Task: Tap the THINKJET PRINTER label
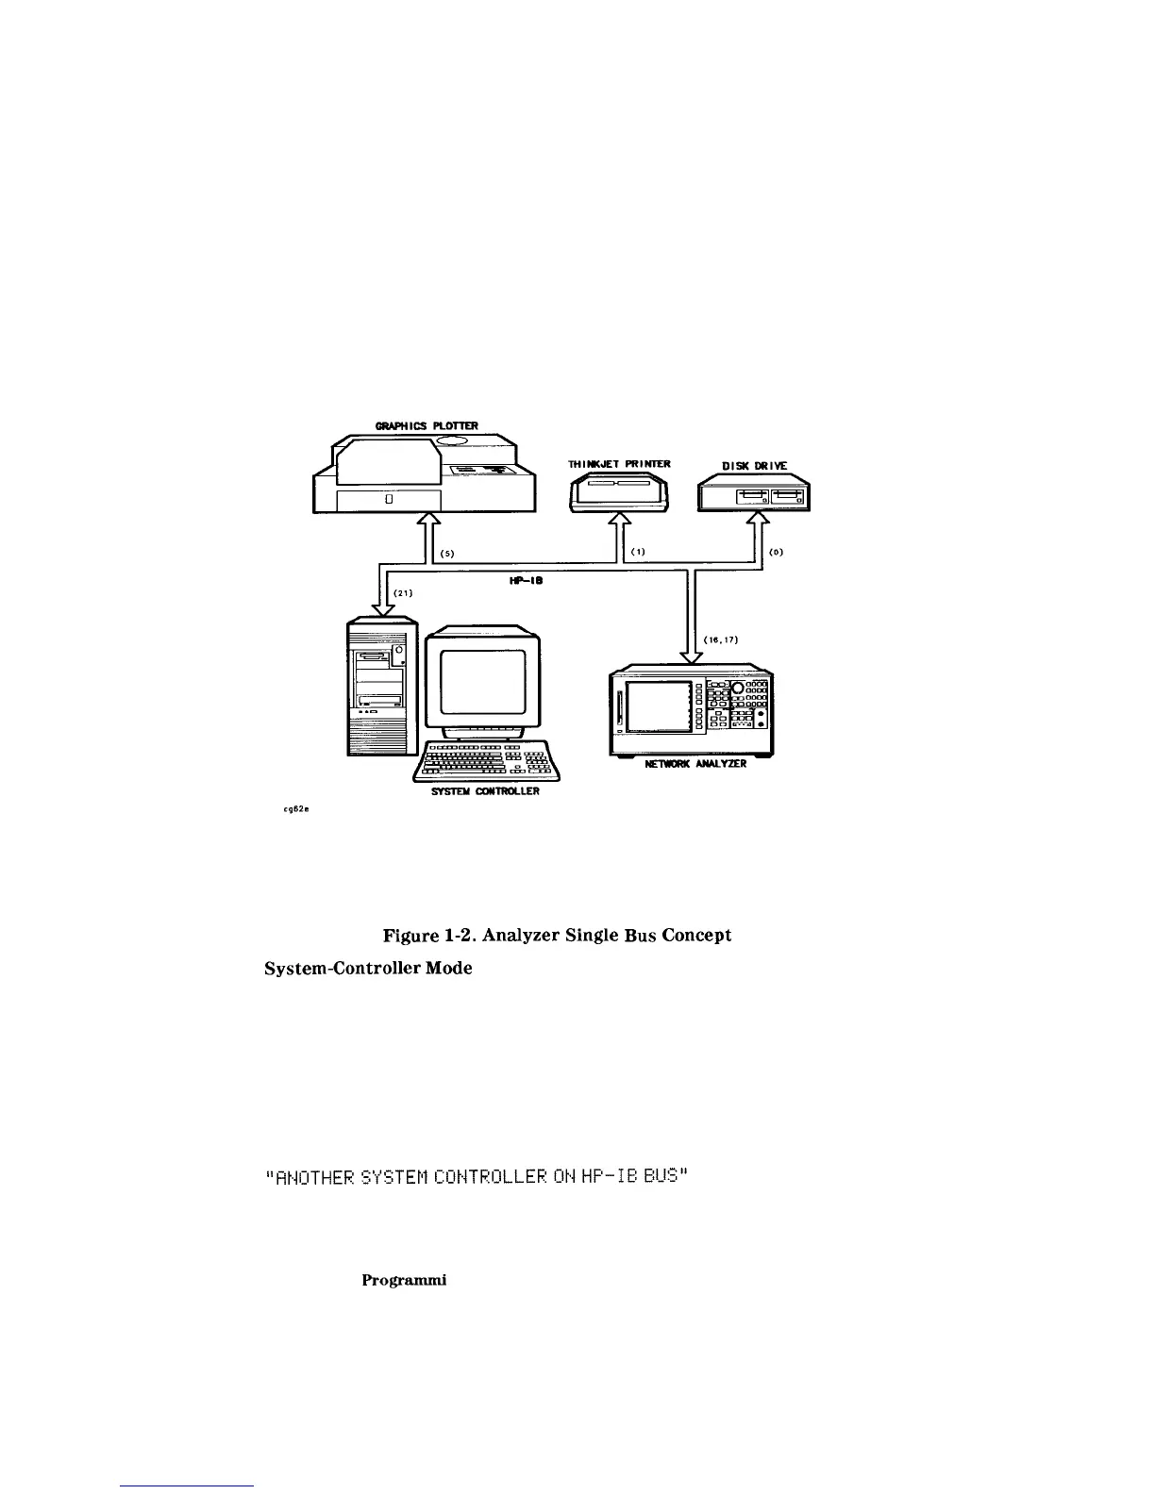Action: (x=618, y=464)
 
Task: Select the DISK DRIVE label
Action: (x=754, y=466)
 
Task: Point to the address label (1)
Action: (x=638, y=553)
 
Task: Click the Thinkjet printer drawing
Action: (x=618, y=493)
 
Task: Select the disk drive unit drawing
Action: (x=754, y=494)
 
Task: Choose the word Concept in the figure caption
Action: (x=697, y=936)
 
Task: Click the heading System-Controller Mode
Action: (x=368, y=969)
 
